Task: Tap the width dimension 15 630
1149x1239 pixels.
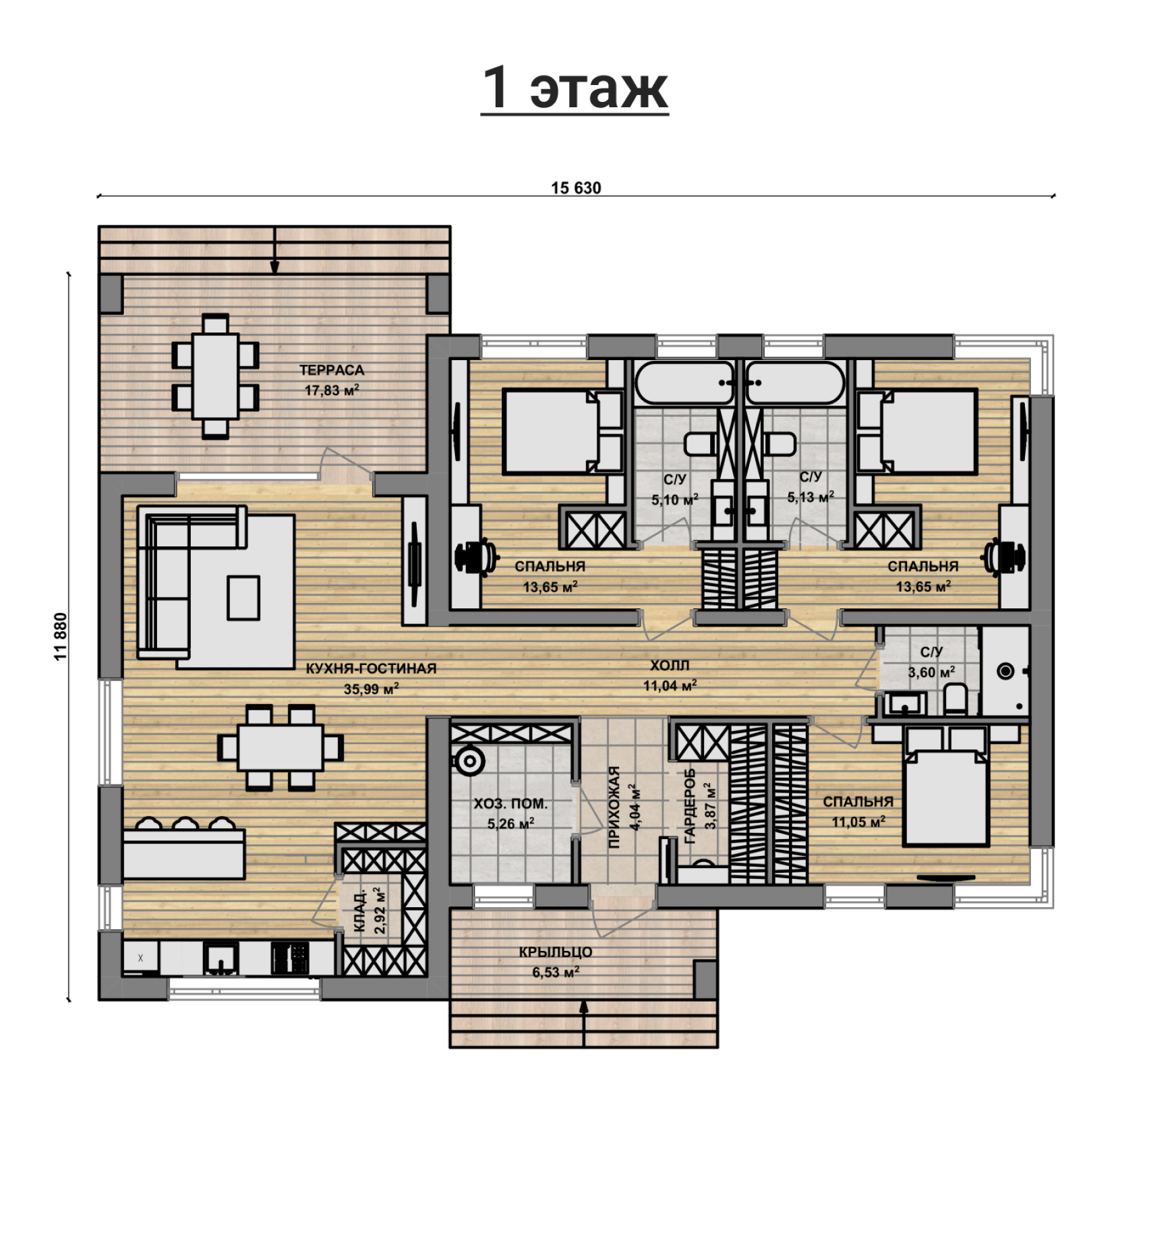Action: point(576,188)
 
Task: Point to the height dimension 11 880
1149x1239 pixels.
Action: point(61,636)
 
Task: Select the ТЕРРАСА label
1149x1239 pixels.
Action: point(331,370)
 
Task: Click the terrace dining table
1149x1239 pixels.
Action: point(216,376)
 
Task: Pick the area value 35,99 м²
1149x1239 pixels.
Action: point(371,689)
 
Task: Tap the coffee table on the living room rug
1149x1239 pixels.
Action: point(243,598)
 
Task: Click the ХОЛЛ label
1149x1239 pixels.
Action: point(670,665)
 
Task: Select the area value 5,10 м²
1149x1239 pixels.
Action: point(674,500)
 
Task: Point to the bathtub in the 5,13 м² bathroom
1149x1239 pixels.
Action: point(794,382)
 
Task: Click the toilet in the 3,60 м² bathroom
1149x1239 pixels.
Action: point(955,698)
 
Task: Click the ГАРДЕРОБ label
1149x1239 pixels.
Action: point(689,806)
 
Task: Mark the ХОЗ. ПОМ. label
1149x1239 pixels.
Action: point(510,803)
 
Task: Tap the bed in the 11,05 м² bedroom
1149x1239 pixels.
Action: point(946,786)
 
